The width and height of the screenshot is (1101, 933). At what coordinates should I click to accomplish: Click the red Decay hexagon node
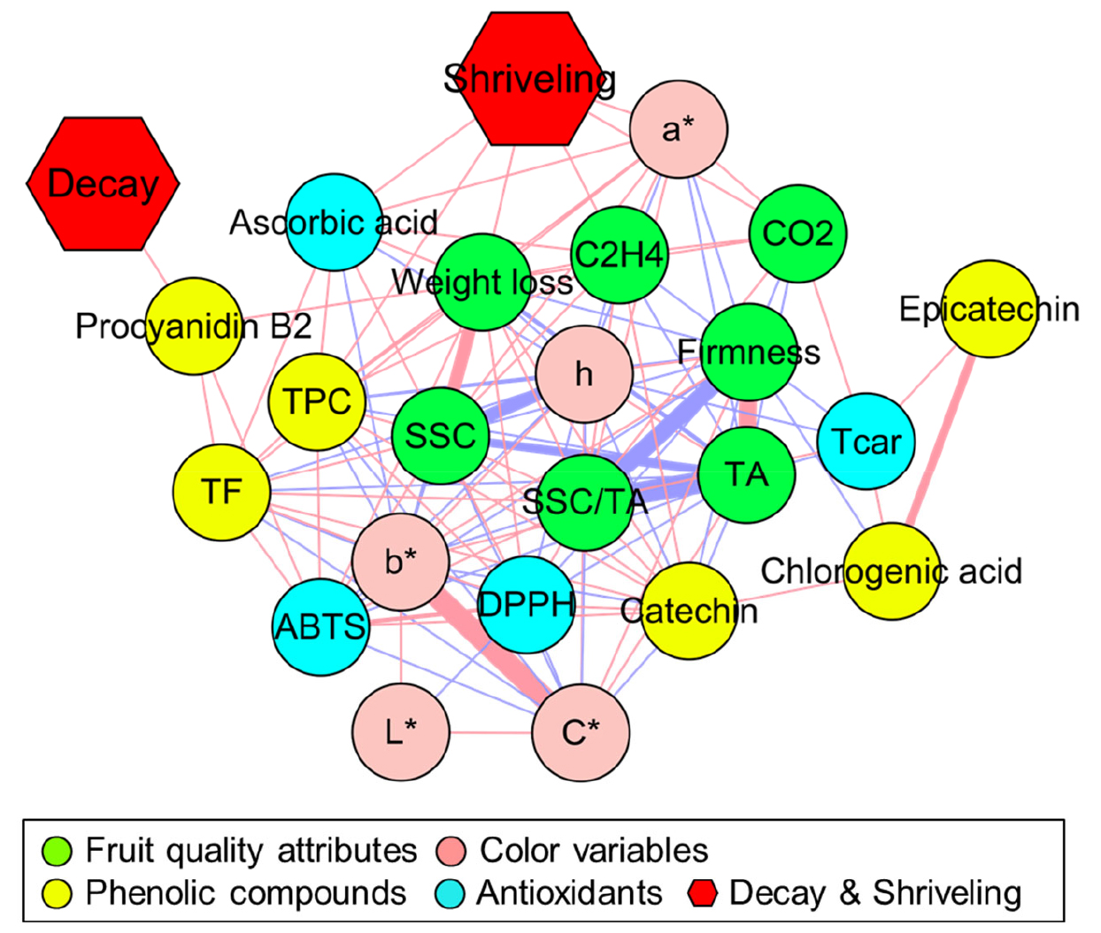tap(103, 183)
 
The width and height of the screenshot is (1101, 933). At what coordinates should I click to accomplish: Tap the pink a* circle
tap(679, 129)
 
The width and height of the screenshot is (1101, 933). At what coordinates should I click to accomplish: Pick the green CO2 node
tap(797, 233)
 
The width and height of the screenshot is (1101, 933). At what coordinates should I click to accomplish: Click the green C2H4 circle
tap(620, 256)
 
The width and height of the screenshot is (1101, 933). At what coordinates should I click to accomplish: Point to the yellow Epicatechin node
tap(989, 309)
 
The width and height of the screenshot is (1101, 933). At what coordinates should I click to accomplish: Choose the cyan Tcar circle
tap(866, 441)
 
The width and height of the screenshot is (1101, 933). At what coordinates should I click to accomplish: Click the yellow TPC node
tap(317, 401)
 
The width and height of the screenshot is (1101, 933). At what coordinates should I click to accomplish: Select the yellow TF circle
tap(221, 492)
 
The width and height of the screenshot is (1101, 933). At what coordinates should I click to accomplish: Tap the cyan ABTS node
tap(320, 626)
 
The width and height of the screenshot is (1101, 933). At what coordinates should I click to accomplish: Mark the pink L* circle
tap(400, 732)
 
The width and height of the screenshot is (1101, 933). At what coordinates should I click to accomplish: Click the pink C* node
tap(581, 732)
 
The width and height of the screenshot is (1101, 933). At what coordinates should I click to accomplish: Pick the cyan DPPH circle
tap(526, 605)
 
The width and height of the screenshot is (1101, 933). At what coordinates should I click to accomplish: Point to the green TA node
tap(746, 475)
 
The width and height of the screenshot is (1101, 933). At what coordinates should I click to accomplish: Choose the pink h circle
tap(584, 374)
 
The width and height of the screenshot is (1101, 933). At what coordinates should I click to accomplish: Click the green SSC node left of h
tap(440, 435)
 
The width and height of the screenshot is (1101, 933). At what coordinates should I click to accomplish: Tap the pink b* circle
tap(400, 562)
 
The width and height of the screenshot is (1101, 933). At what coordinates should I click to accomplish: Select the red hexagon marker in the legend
tap(702, 893)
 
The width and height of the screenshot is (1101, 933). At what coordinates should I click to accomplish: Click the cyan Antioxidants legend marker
tap(450, 893)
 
